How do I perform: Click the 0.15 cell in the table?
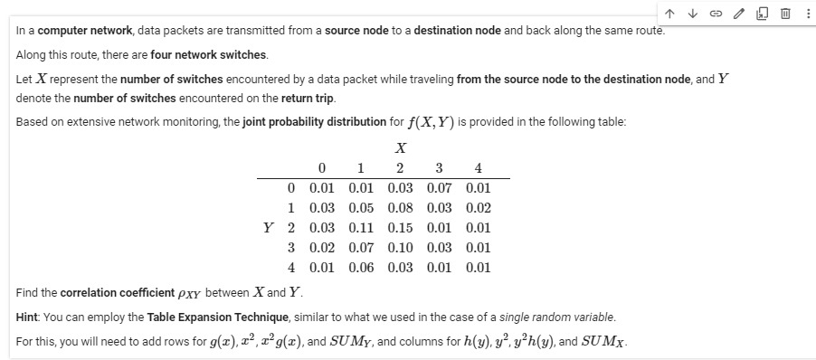tap(400, 227)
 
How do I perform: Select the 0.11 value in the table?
tap(361, 227)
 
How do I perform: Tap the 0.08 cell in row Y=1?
tap(400, 207)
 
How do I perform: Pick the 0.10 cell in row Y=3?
tap(400, 247)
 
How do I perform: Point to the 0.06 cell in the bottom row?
tap(361, 267)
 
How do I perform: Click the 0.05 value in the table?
tap(361, 207)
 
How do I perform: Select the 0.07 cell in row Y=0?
tap(439, 187)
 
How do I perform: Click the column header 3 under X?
tap(439, 167)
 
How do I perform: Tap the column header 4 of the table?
tap(478, 167)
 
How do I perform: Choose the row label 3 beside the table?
tap(291, 247)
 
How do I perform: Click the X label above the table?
tap(400, 147)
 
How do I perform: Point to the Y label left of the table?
tap(269, 227)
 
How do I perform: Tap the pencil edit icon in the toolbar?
tap(737, 11)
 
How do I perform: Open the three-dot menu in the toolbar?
tap(806, 11)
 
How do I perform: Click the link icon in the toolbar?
tap(715, 11)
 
